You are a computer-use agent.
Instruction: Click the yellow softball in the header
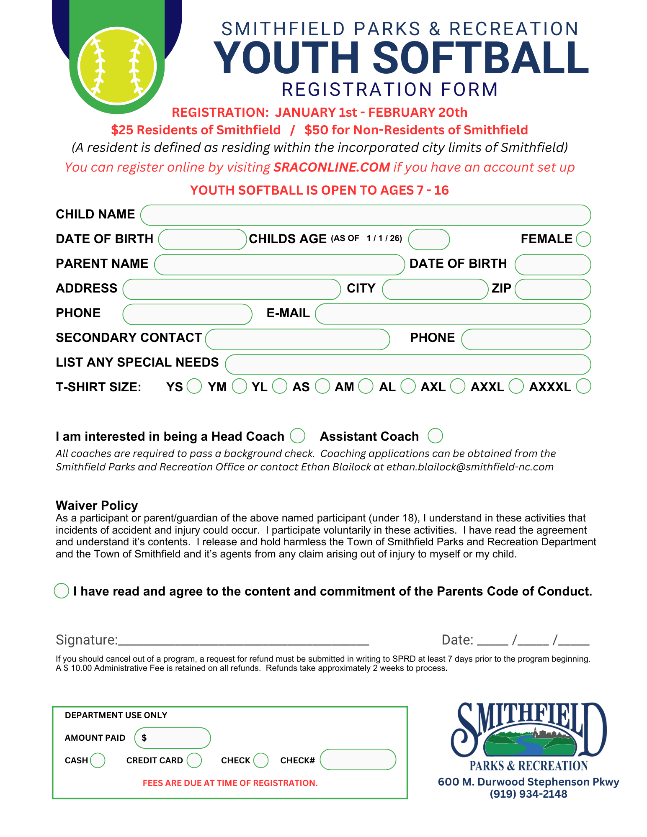[117, 66]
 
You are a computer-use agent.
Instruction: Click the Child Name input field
[365, 215]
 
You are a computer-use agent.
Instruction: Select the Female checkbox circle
[583, 239]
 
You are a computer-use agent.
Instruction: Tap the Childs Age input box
[429, 239]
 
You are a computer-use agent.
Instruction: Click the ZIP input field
[552, 289]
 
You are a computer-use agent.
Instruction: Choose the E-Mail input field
[453, 314]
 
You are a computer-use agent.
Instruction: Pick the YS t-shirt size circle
[194, 386]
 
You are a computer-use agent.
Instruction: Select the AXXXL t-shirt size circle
[583, 386]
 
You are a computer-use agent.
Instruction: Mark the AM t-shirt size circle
[366, 386]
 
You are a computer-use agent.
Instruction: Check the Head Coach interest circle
[298, 435]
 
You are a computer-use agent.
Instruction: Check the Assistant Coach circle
[435, 435]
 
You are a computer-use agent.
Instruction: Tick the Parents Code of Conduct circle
[62, 591]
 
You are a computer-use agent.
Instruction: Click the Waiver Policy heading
[97, 505]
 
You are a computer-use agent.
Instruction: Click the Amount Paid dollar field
[173, 738]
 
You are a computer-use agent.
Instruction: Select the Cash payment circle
[98, 760]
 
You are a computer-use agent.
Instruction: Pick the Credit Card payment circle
[194, 760]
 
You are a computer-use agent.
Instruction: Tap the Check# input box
[358, 759]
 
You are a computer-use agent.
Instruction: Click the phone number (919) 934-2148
[528, 794]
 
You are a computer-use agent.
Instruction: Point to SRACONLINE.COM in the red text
[332, 167]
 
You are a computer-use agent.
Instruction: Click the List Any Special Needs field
[408, 364]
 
